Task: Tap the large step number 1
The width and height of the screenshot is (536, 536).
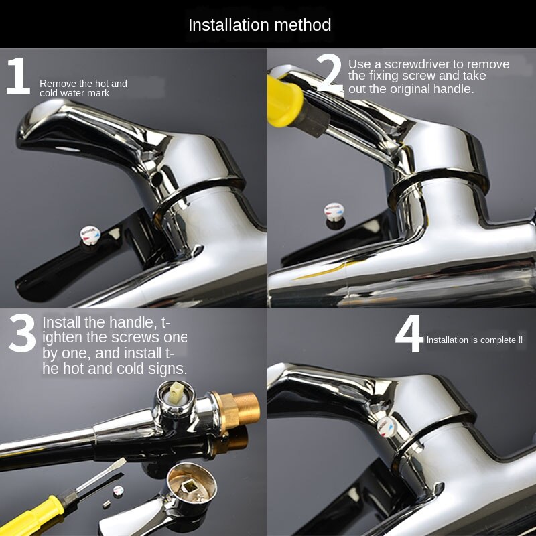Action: tap(18, 76)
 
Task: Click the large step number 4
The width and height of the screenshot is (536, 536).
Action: tap(409, 334)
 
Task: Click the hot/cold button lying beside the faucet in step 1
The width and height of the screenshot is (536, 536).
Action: tap(90, 234)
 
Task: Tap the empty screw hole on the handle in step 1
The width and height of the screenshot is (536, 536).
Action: tap(156, 180)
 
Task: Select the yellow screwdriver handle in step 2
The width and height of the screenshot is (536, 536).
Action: tap(284, 101)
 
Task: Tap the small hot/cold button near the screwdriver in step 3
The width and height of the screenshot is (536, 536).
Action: tap(118, 491)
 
